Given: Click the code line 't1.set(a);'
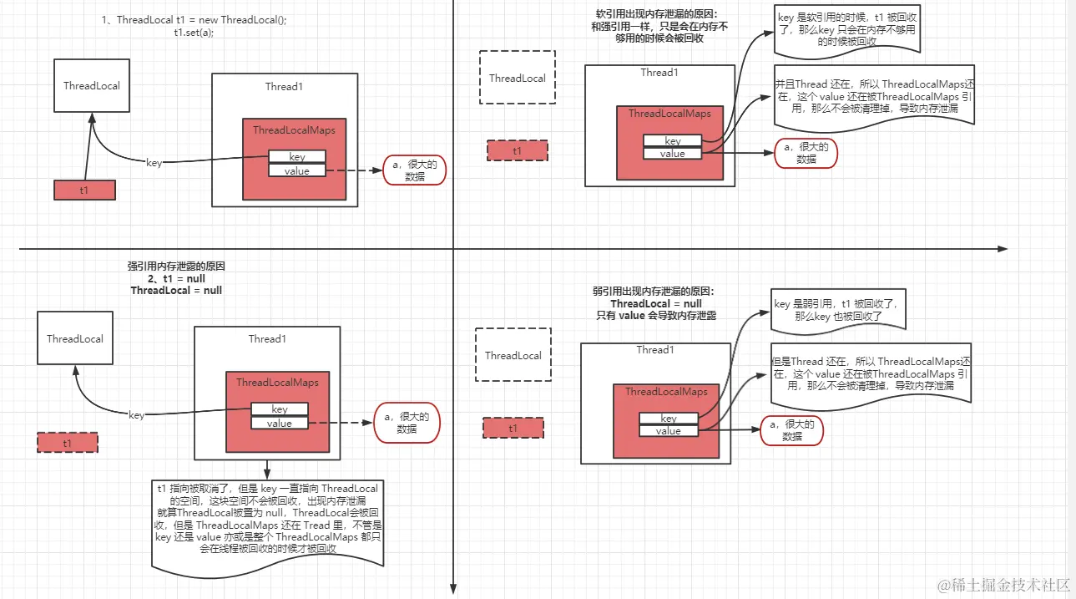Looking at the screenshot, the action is click(194, 33).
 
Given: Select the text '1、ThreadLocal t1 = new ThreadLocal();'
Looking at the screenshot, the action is click(194, 20).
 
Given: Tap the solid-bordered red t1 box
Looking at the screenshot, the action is click(84, 190).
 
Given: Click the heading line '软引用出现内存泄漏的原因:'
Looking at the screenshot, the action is click(656, 14).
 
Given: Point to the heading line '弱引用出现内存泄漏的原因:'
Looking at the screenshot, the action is click(654, 292).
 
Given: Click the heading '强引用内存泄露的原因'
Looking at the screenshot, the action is click(176, 267).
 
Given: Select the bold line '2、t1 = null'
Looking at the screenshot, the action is click(176, 279).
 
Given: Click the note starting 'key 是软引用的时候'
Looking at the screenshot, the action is click(847, 29).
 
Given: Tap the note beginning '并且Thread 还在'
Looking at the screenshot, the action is click(874, 96).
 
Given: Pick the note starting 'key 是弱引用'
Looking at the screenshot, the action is click(838, 310).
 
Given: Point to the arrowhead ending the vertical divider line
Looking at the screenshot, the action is click(453, 588).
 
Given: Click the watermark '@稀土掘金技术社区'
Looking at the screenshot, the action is click(1003, 585).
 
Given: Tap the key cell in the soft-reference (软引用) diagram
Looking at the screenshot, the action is click(673, 140).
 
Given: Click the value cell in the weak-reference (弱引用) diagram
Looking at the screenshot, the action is click(668, 431).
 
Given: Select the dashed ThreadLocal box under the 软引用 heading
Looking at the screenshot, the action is click(518, 78).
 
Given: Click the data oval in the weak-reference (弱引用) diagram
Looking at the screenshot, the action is click(791, 430).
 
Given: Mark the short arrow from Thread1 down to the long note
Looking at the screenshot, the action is click(267, 470).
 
